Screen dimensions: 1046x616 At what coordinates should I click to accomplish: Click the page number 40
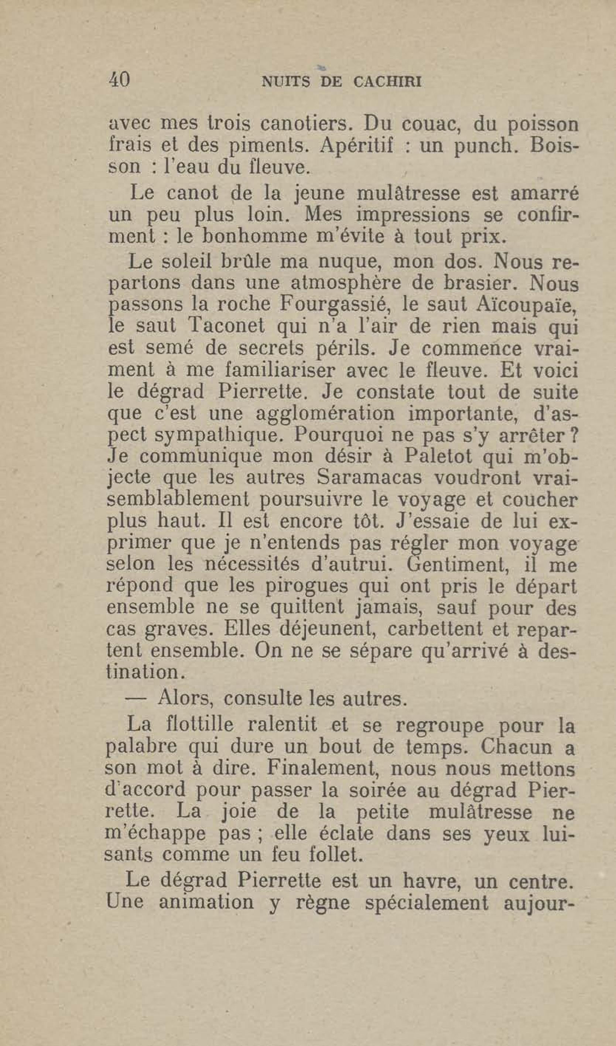tap(120, 79)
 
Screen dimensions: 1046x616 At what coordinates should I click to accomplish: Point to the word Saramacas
tap(369, 478)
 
